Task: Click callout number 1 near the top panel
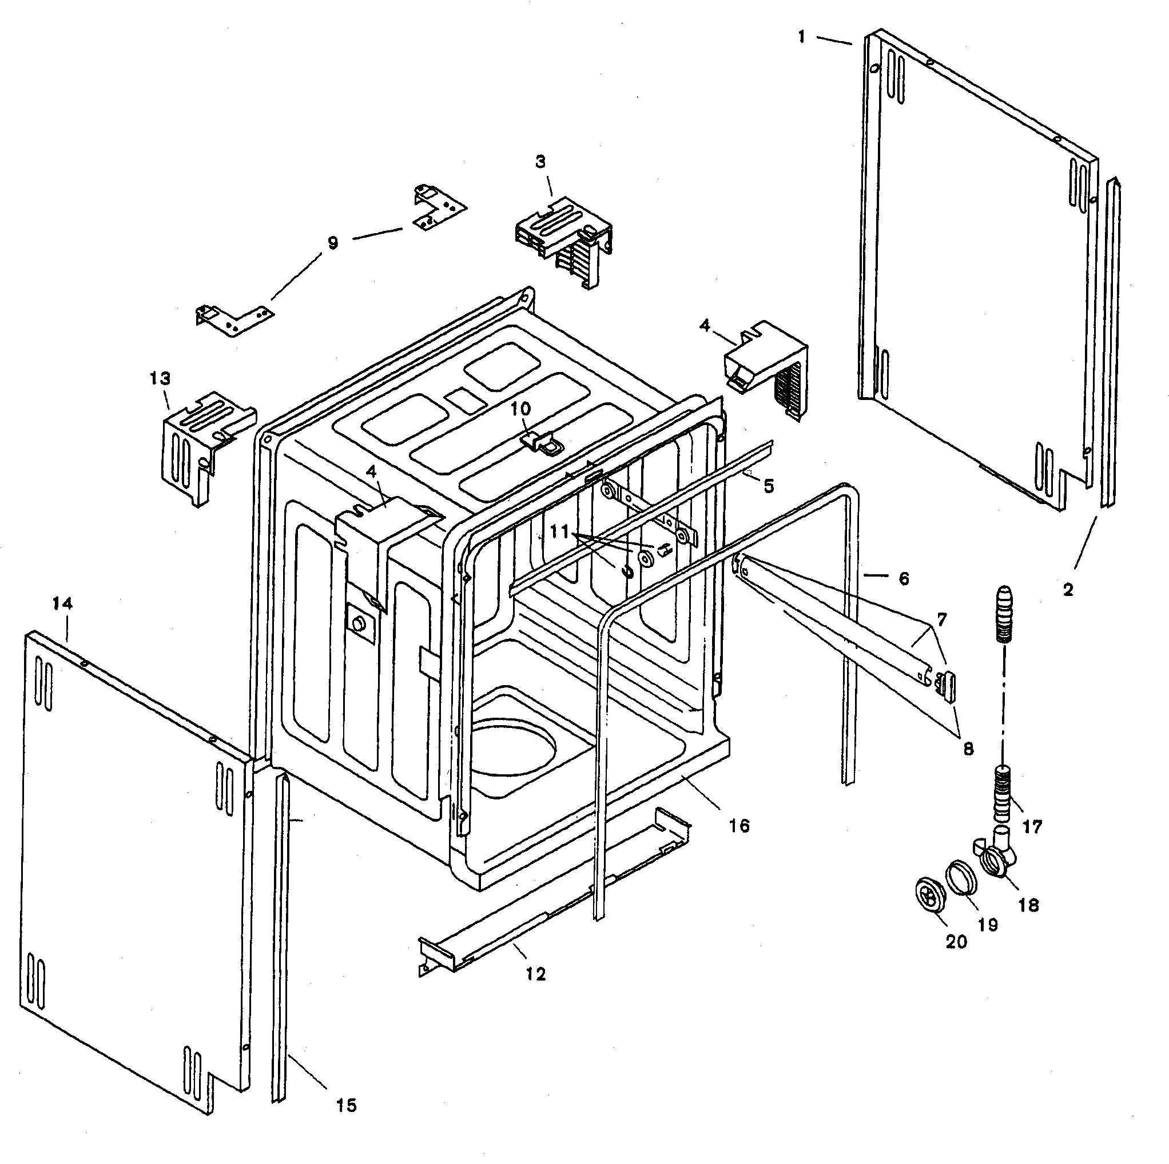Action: tap(802, 38)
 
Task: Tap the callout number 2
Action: tap(1068, 590)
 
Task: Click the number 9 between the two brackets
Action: tap(333, 243)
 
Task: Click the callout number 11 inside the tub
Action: tap(560, 532)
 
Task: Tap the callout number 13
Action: tap(160, 379)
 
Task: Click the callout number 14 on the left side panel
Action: tap(63, 603)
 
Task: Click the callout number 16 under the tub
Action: tap(739, 826)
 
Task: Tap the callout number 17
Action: tap(1033, 827)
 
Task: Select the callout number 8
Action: tap(968, 749)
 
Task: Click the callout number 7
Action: tap(942, 620)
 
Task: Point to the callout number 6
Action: tap(904, 579)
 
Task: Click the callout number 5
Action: tap(769, 486)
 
